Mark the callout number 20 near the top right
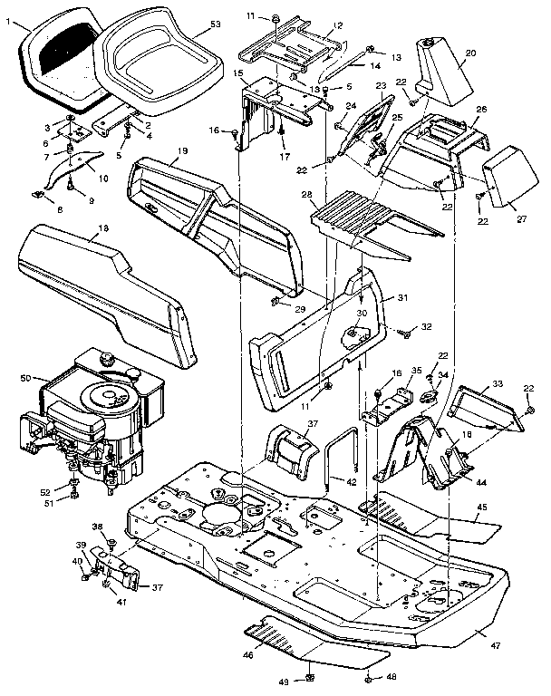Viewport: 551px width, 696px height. pyautogui.click(x=469, y=53)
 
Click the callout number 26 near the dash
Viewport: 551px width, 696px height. pyautogui.click(x=480, y=110)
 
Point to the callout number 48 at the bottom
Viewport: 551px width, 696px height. pyautogui.click(x=392, y=677)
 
